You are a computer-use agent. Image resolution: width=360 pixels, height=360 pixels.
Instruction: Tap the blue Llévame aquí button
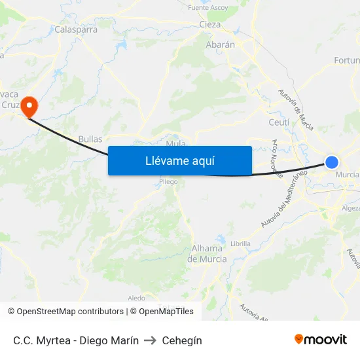pyautogui.click(x=179, y=160)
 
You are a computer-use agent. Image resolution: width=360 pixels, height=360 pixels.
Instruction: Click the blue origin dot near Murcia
pyautogui.click(x=332, y=162)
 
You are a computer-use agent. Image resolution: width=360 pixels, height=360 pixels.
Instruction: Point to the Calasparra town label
pyautogui.click(x=76, y=29)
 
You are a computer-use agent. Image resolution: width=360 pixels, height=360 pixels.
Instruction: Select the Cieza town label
pyautogui.click(x=209, y=25)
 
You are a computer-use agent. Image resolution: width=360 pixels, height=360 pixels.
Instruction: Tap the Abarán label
pyautogui.click(x=220, y=45)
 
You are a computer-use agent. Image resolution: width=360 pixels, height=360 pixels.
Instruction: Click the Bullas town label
pyautogui.click(x=90, y=139)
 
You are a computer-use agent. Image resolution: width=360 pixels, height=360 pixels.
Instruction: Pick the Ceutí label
pyautogui.click(x=279, y=122)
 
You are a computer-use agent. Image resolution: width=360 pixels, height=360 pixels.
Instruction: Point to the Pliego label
pyautogui.click(x=168, y=182)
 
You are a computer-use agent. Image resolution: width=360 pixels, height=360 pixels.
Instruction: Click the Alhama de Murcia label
pyautogui.click(x=207, y=253)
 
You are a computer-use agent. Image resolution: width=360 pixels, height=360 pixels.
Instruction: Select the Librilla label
pyautogui.click(x=240, y=243)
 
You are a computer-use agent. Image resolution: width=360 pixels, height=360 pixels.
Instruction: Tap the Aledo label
pyautogui.click(x=136, y=298)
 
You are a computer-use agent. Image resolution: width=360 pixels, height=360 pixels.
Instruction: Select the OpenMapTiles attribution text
pyautogui.click(x=161, y=312)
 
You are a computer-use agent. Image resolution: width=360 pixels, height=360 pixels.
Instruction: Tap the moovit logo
pyautogui.click(x=320, y=340)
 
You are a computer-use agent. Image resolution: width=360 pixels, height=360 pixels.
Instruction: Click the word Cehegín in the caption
pyautogui.click(x=182, y=340)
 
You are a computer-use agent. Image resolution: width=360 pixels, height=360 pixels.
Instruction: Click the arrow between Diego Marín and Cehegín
pyautogui.click(x=151, y=340)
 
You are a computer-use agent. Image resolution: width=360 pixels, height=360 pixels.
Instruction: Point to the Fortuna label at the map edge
pyautogui.click(x=346, y=60)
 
